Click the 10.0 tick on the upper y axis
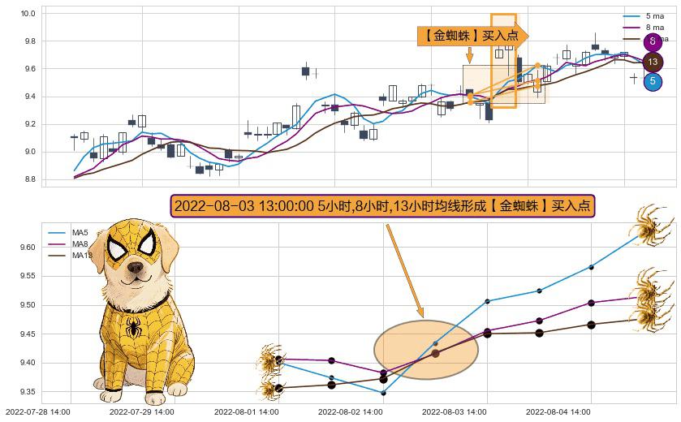click(28, 14)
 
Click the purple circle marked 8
click(653, 42)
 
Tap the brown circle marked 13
click(653, 62)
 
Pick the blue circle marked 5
click(653, 81)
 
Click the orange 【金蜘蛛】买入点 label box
click(471, 36)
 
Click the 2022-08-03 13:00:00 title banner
click(383, 206)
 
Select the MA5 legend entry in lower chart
click(80, 233)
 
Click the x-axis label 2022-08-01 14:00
click(246, 412)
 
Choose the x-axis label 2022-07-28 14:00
click(38, 412)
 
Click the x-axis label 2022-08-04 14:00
click(558, 412)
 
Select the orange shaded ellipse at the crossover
click(425, 350)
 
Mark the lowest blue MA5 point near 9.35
click(383, 392)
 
